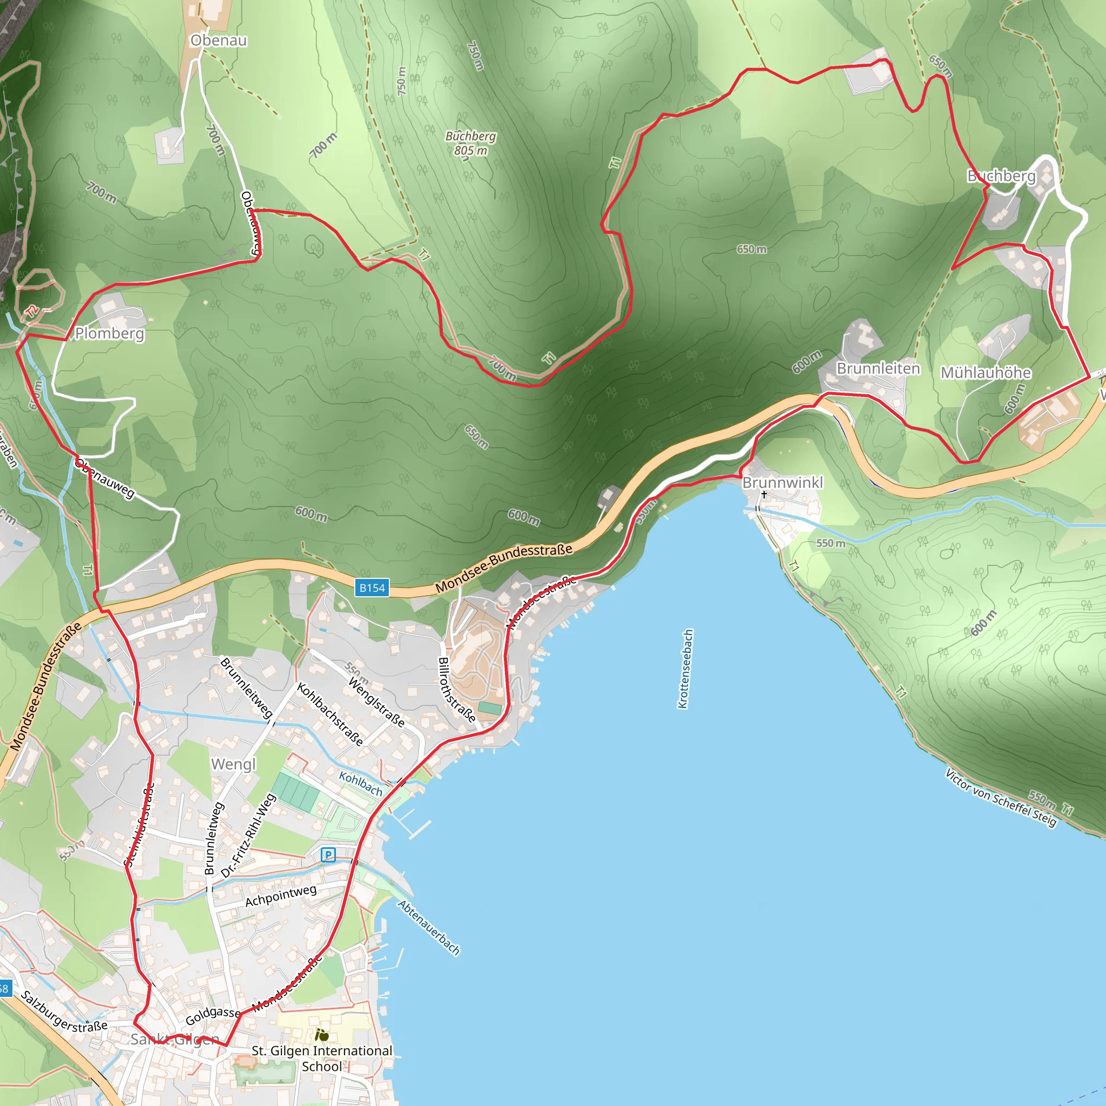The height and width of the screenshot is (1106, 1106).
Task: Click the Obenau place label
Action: click(219, 41)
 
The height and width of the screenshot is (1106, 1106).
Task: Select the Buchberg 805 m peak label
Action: click(470, 143)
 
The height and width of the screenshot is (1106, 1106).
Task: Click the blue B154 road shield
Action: click(372, 588)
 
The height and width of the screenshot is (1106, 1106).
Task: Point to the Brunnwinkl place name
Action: click(783, 483)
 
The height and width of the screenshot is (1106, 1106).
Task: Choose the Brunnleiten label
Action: click(878, 369)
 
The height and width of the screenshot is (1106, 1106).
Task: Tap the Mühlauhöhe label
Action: click(986, 373)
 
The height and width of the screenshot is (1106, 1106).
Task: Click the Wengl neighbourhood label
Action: click(233, 764)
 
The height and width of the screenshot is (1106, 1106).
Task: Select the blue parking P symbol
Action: click(328, 855)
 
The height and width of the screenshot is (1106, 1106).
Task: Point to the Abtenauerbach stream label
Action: click(429, 927)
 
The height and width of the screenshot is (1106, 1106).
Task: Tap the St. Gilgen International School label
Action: click(322, 1058)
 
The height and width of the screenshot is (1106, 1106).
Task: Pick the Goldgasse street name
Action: click(213, 1016)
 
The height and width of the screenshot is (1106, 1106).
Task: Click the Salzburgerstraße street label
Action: click(64, 1011)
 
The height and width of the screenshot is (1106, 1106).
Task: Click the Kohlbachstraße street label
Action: click(330, 714)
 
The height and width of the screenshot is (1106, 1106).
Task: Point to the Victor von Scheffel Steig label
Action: click(1001, 798)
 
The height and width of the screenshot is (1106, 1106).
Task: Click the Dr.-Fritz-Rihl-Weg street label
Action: click(248, 835)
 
